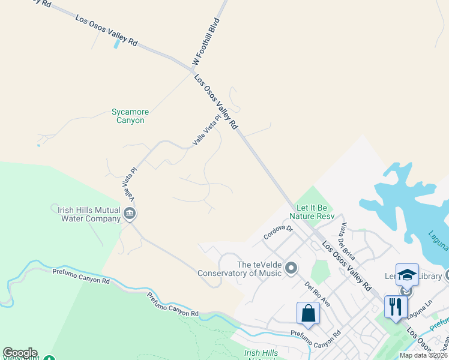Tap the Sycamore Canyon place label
(130, 116)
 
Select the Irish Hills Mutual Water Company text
(89, 214)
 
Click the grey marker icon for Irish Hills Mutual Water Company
(130, 214)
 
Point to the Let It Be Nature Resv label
(312, 211)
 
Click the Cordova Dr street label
(278, 232)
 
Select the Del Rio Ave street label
(318, 294)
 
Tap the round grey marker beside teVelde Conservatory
(291, 268)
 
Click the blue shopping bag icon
(308, 313)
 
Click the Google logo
(20, 353)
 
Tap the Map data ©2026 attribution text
(423, 355)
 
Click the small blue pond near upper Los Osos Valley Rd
(116, 44)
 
